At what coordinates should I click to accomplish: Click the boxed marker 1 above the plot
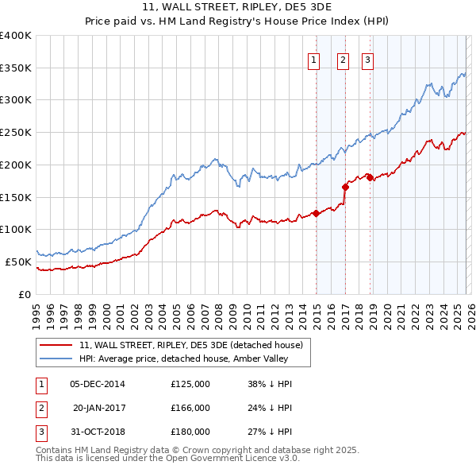(313, 60)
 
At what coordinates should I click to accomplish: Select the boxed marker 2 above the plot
(343, 60)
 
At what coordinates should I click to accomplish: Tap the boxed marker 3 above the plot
(368, 60)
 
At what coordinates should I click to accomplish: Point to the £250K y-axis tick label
(16, 133)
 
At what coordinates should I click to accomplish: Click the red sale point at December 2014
(316, 213)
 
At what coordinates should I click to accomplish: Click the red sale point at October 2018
(370, 177)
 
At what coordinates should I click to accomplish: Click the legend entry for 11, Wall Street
(190, 346)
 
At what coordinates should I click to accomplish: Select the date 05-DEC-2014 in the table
(98, 384)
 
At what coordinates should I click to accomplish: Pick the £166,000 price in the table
(190, 408)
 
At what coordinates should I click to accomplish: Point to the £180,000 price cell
(190, 432)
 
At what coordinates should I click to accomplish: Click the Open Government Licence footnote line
(168, 458)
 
